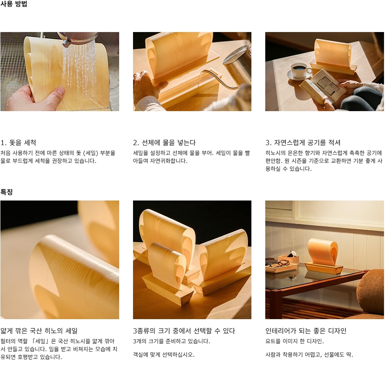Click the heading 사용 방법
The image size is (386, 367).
[x=14, y=4]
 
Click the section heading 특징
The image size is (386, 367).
[x=6, y=192]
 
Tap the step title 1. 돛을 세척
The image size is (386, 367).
[x=18, y=142]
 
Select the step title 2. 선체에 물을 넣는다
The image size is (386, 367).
[x=164, y=142]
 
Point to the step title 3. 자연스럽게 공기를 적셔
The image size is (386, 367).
[x=303, y=142]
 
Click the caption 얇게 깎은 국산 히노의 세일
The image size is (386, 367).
[x=39, y=331]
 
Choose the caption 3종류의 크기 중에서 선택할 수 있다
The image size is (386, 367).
[x=184, y=331]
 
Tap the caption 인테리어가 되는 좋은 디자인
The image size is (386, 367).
[x=306, y=331]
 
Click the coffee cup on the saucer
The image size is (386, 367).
[x=300, y=70]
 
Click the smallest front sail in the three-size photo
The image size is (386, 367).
[x=164, y=263]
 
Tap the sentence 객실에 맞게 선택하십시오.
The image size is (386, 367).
[x=164, y=355]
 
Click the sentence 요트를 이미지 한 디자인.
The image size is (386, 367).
[x=295, y=341]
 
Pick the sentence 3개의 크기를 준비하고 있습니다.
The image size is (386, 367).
[x=171, y=341]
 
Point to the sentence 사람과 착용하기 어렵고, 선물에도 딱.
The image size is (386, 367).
[x=309, y=355]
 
